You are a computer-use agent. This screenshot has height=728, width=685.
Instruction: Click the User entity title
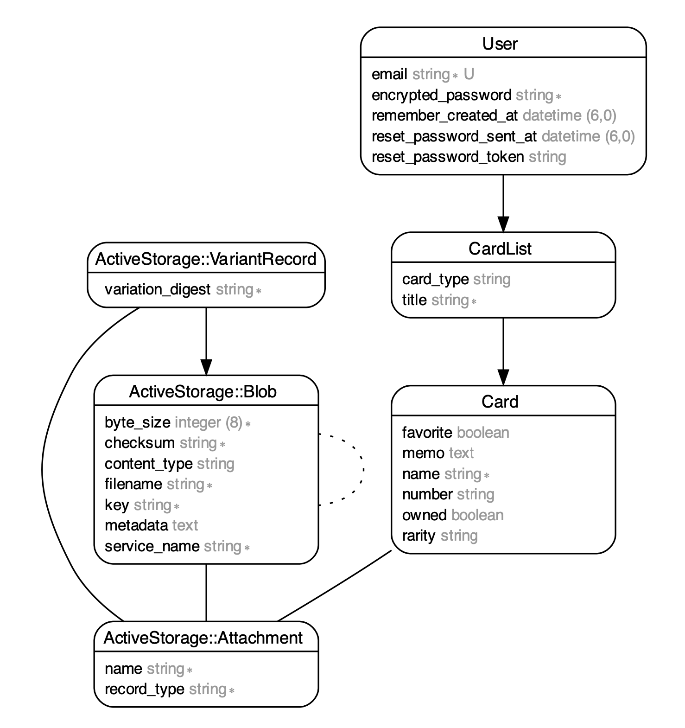tap(500, 44)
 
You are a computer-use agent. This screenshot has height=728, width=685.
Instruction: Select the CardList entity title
tap(500, 249)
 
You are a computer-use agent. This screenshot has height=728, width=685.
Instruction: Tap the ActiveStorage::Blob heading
tap(203, 392)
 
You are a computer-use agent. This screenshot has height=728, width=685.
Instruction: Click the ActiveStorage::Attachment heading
tap(203, 638)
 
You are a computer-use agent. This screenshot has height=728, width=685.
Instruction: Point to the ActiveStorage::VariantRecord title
tap(206, 259)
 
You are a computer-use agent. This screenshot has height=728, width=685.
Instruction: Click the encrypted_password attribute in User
tap(441, 95)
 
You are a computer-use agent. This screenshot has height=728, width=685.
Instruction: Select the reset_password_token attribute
tap(447, 157)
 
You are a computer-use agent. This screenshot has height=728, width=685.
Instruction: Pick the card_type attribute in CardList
tap(435, 279)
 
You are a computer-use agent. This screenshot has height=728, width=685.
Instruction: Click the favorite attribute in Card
tap(427, 433)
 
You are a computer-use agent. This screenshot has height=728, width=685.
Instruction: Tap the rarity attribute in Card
tap(419, 536)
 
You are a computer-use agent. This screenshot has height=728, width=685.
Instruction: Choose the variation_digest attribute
tap(158, 290)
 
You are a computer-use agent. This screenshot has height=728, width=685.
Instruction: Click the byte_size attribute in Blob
tap(137, 422)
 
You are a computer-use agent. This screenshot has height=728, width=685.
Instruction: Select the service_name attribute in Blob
tap(152, 546)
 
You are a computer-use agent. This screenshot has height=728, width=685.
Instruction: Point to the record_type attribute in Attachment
tap(144, 690)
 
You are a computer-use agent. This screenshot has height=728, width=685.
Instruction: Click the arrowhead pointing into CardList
tap(503, 224)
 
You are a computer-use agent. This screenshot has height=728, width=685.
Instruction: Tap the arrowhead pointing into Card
tap(503, 377)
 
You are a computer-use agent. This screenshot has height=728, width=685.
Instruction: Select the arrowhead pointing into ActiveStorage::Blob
tap(206, 367)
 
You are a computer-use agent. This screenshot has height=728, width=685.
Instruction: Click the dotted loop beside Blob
tap(362, 469)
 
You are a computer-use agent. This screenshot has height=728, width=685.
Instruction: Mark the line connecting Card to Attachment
tap(334, 586)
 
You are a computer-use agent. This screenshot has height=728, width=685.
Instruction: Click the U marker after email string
tap(469, 74)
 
